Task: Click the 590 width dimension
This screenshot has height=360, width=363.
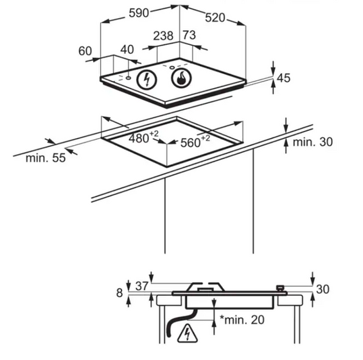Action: (139, 13)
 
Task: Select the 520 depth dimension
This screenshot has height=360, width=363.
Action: (215, 18)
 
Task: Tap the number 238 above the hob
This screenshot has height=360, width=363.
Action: (163, 36)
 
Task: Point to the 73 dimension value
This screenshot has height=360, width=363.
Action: (190, 35)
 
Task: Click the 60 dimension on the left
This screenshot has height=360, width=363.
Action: (85, 51)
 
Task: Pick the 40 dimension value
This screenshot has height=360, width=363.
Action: (127, 49)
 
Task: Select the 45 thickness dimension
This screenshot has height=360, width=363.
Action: (283, 78)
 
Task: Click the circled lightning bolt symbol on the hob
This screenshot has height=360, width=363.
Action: (146, 80)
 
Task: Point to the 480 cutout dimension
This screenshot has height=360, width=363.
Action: (143, 137)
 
